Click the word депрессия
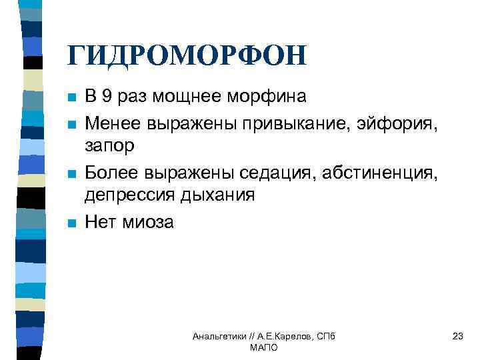[x=130, y=195]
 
